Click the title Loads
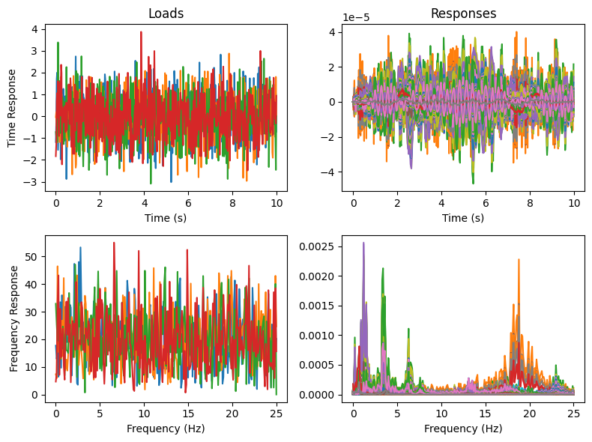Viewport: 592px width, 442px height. pos(165,13)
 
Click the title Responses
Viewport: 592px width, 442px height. pos(463,13)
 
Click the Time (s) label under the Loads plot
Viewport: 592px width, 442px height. pos(165,217)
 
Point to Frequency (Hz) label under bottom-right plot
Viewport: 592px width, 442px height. pos(463,429)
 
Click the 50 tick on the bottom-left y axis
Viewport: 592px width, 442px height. pos(31,256)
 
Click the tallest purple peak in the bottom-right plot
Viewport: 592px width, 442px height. pos(363,243)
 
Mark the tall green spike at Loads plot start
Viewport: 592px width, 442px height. pos(58,43)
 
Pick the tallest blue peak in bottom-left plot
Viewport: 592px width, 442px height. pos(80,248)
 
